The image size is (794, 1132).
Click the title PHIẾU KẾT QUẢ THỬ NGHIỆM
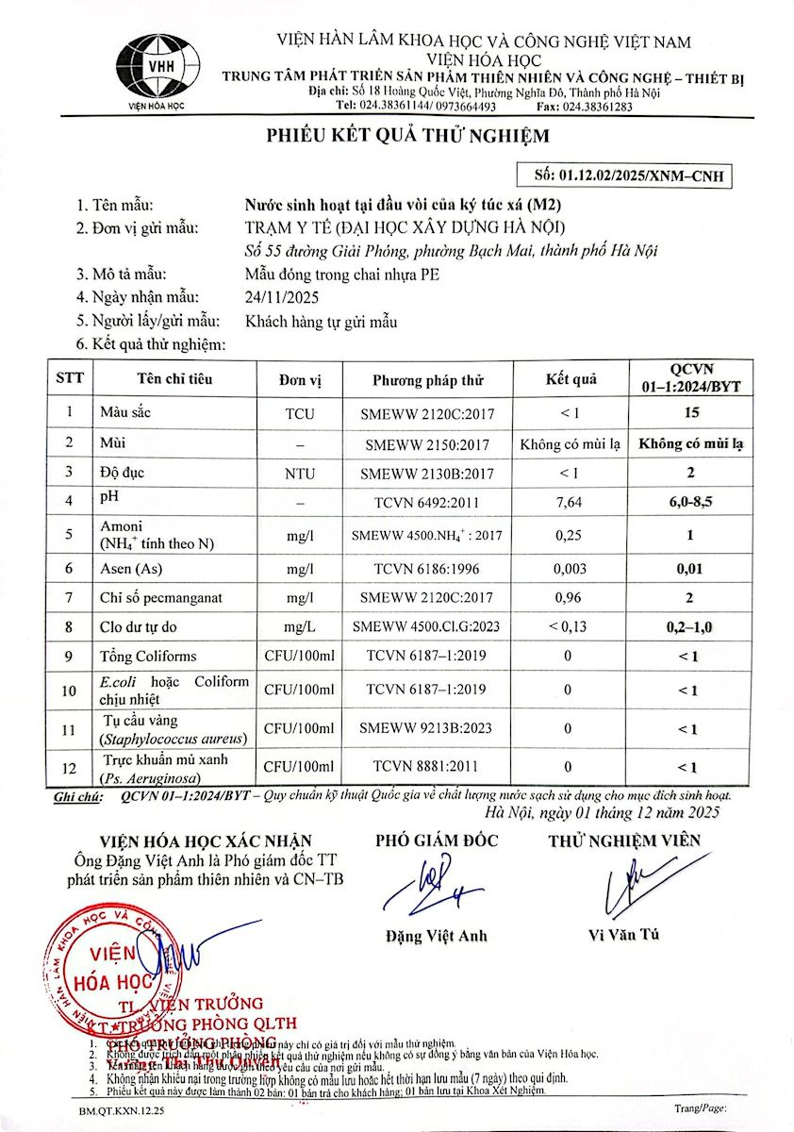(406, 136)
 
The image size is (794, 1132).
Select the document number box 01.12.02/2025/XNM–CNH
(625, 175)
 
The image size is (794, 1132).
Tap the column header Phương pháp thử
(427, 380)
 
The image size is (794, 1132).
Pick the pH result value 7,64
(569, 503)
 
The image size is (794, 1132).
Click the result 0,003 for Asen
(569, 569)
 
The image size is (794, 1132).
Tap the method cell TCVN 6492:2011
(427, 503)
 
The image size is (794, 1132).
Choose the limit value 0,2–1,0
(690, 625)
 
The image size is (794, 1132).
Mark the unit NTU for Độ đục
(300, 474)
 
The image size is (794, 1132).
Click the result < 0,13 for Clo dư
(569, 625)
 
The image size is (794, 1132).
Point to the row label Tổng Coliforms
(148, 656)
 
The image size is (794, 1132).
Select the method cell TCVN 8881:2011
(427, 766)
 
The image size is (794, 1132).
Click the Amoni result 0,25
(569, 535)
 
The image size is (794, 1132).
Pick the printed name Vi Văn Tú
(623, 934)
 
